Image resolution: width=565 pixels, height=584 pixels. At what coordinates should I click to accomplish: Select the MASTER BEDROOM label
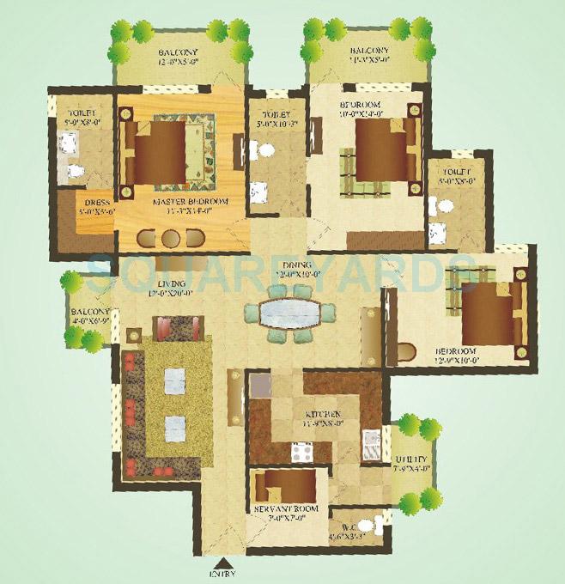coord(190,202)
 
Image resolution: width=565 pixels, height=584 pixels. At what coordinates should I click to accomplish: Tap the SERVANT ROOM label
coord(286,508)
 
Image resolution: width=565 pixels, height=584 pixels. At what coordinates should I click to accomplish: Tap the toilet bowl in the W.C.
coord(364,526)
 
